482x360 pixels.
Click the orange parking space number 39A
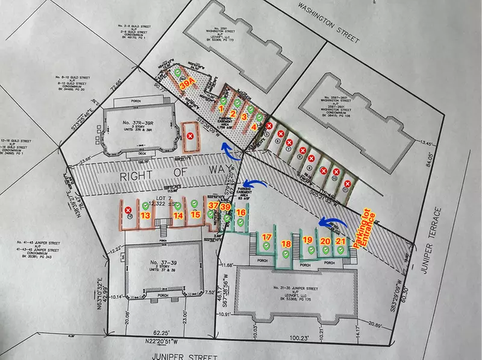(188, 84)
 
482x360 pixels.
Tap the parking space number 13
(145, 215)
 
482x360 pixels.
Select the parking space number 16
(240, 212)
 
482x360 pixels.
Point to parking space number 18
(287, 244)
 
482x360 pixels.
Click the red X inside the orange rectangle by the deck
(190, 137)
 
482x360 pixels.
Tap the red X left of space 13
(128, 210)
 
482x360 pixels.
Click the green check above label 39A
(178, 73)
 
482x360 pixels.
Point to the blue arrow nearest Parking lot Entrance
(331, 223)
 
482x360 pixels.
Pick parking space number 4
(255, 127)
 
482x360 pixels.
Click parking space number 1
(221, 109)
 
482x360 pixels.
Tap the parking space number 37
(213, 206)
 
